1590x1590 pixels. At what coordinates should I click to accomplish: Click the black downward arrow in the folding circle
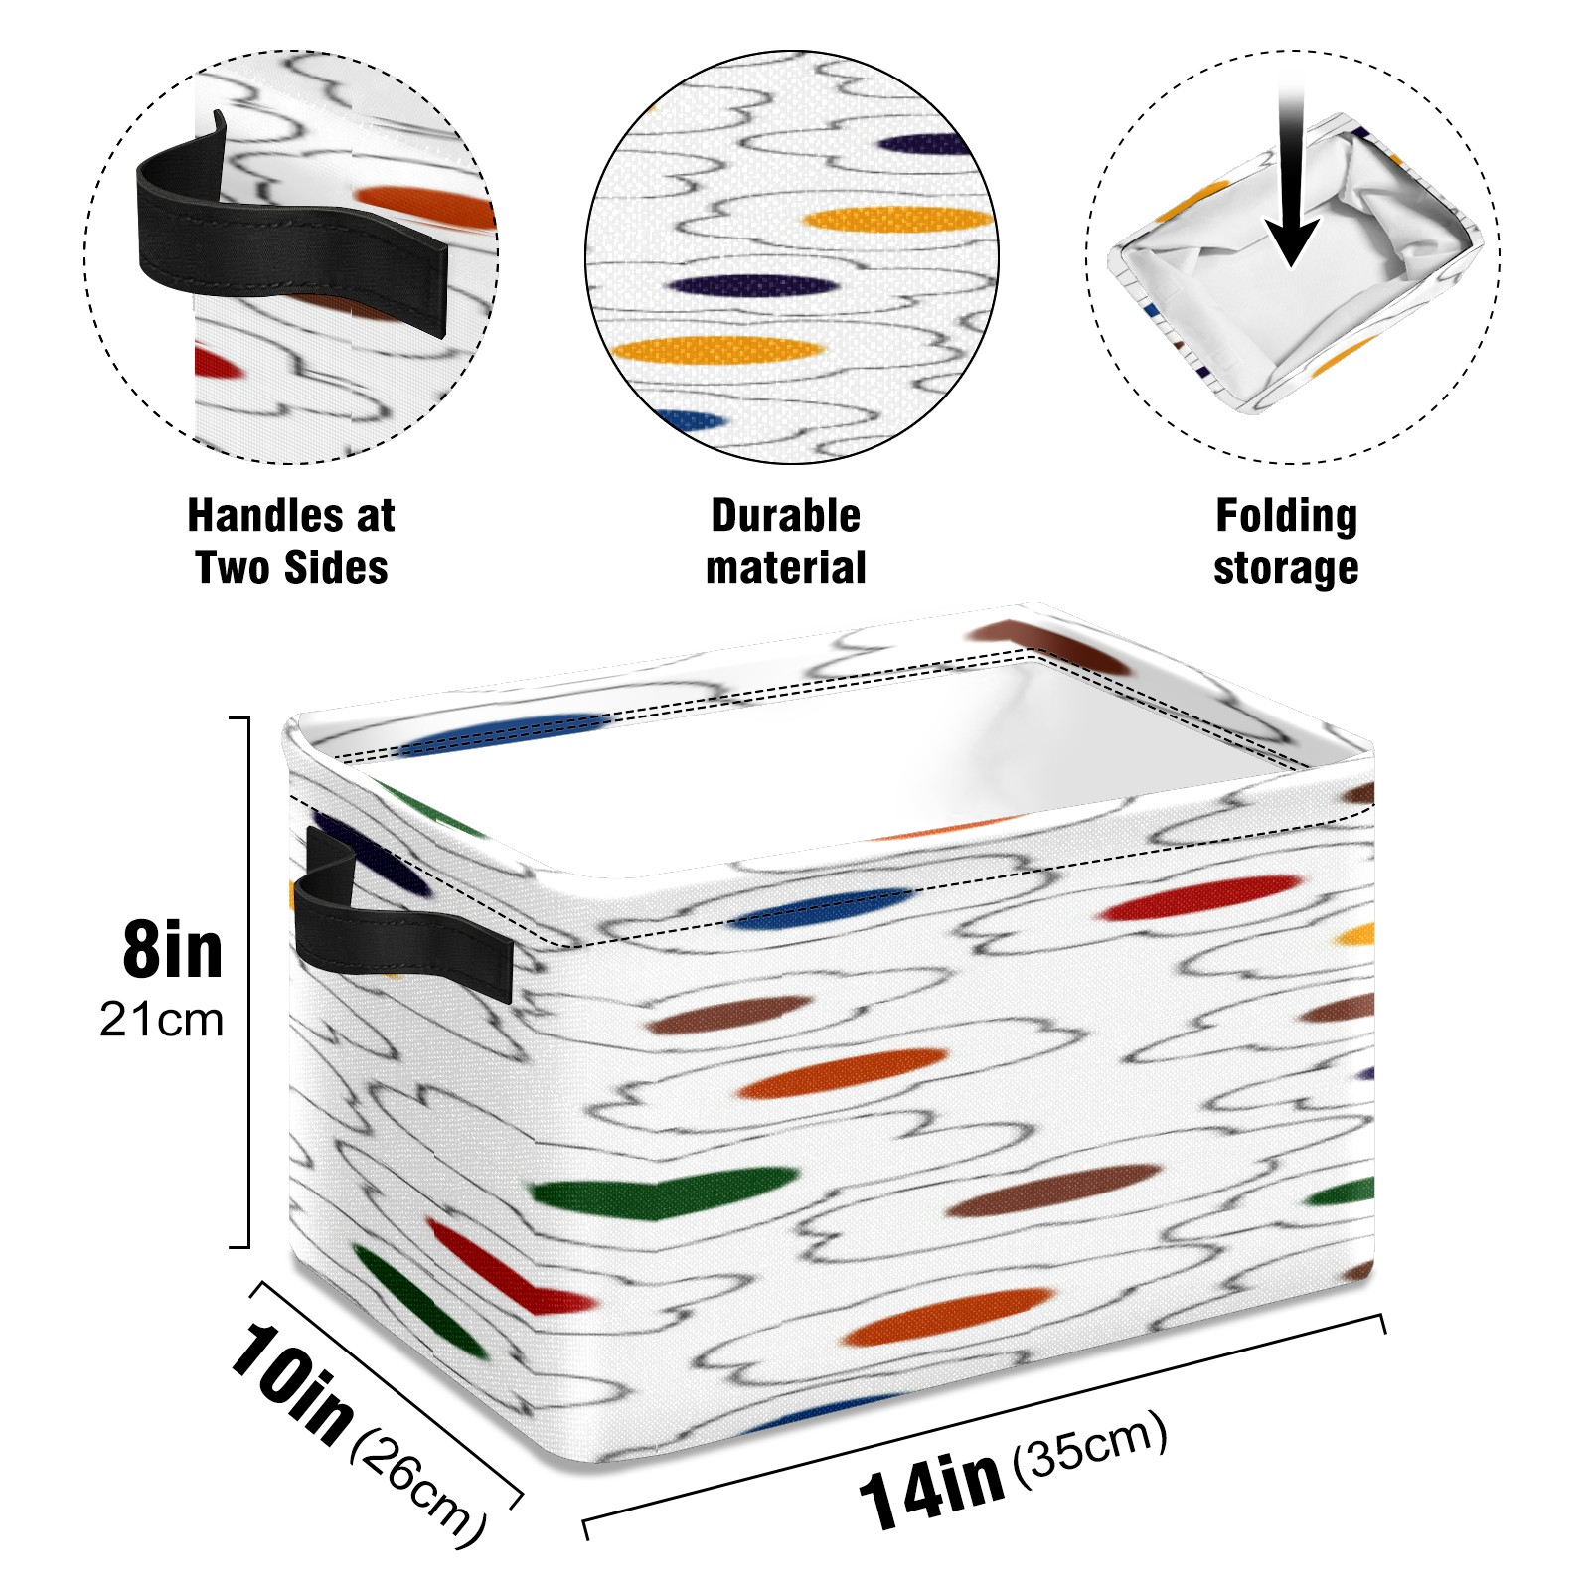tap(1291, 189)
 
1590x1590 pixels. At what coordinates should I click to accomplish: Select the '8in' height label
tap(173, 951)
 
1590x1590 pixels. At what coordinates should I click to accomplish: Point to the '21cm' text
tap(161, 1020)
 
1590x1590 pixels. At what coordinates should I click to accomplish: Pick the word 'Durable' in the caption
tap(785, 516)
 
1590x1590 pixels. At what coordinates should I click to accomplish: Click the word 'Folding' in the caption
tap(1286, 516)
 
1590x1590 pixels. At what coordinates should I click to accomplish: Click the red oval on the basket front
tap(1200, 897)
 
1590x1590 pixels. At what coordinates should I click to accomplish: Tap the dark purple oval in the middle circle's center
tap(752, 286)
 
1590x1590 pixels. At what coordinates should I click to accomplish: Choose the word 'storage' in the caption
tap(1286, 568)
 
